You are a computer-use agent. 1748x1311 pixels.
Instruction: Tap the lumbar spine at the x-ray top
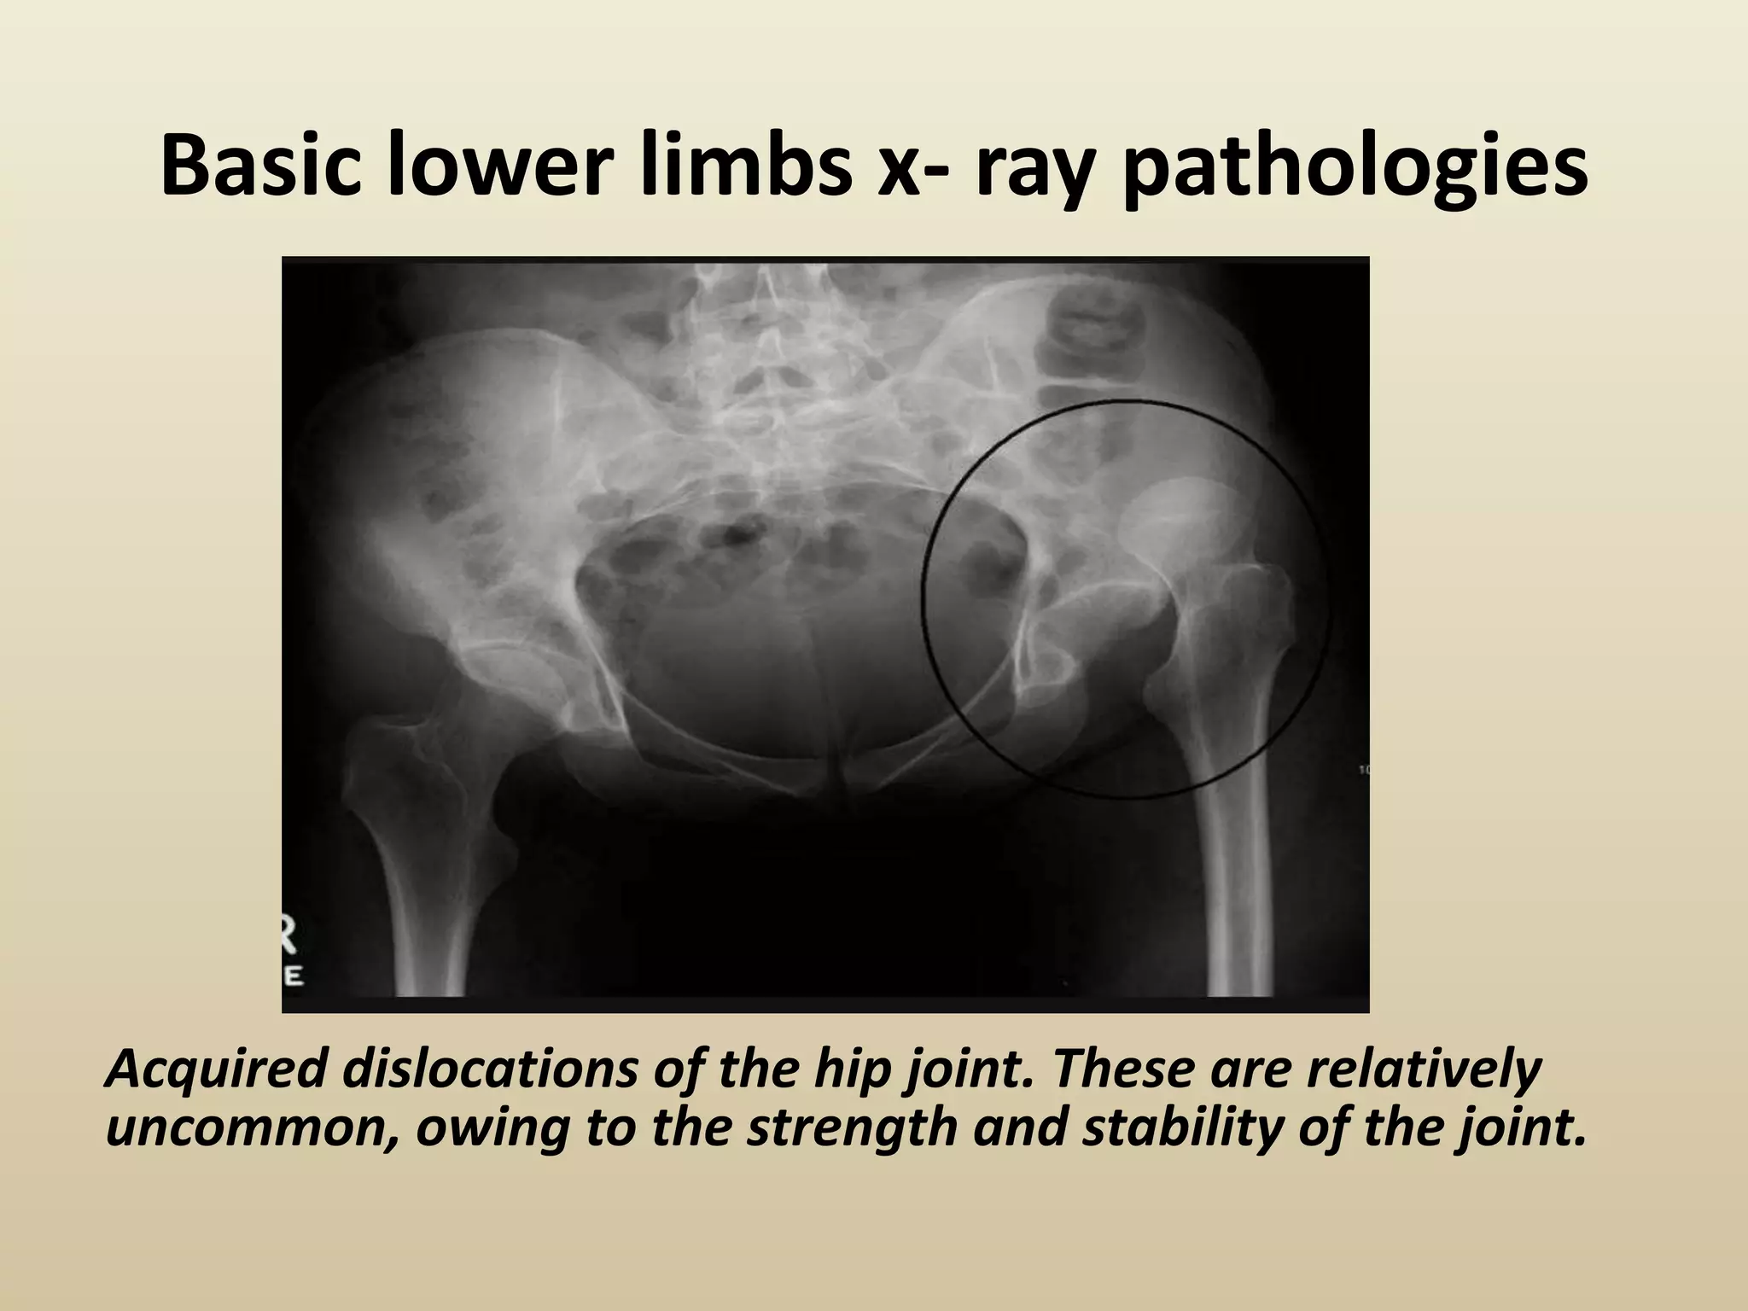coord(751,324)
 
